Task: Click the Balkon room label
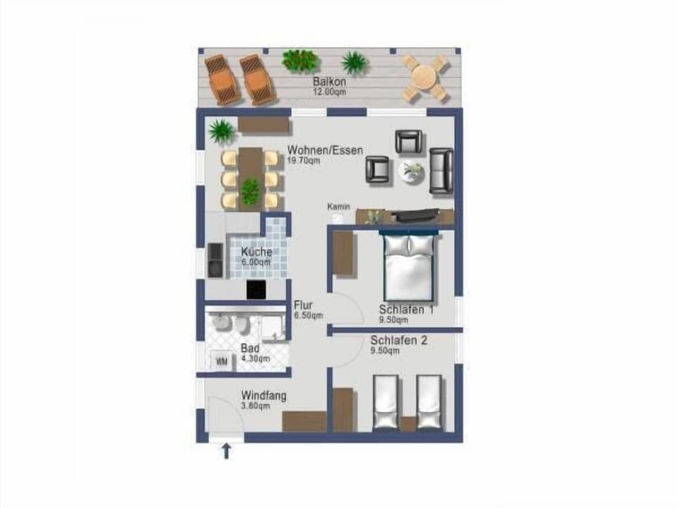coord(329,82)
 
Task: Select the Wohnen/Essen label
coord(325,150)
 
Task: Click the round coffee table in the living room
coord(410,171)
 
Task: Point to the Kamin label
coord(339,207)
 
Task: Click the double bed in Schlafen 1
coord(409,268)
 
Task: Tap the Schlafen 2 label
coord(399,340)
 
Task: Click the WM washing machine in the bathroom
coord(222,362)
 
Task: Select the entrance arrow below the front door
coord(227,450)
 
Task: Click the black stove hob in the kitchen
coord(256,289)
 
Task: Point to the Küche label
coord(256,252)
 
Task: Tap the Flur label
coord(303,306)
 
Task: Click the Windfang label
coord(263,396)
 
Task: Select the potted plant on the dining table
coord(251,190)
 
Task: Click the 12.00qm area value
coord(329,92)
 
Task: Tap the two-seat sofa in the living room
coord(441,171)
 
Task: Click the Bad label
coord(250,349)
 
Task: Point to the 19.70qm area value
coord(304,160)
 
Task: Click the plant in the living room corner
coord(222,131)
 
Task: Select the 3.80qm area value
coord(255,406)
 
